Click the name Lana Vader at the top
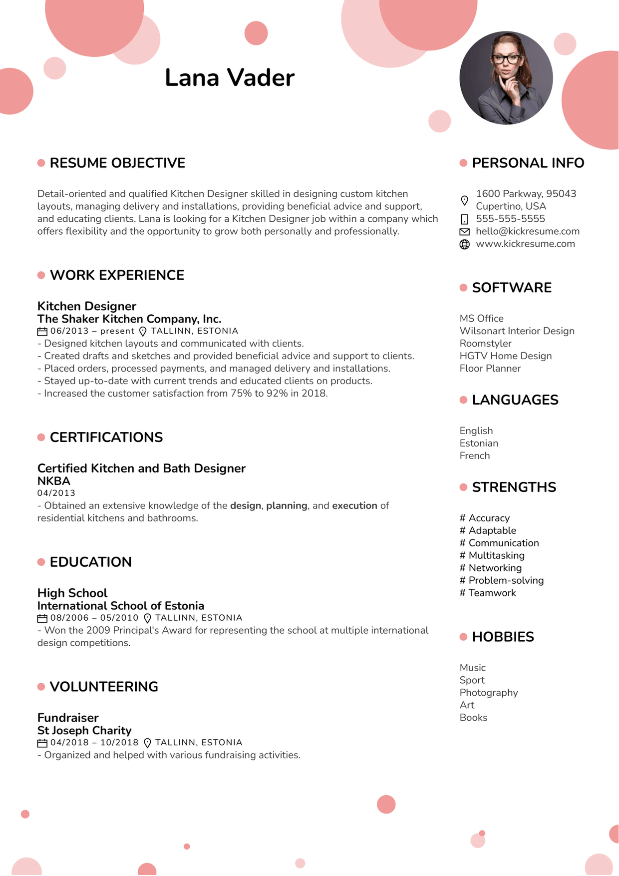coord(230,78)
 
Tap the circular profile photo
coord(506,78)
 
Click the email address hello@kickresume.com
coord(527,231)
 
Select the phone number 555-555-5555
coord(510,219)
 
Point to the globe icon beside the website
coord(464,244)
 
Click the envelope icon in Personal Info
coord(464,232)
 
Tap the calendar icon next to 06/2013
coord(42,331)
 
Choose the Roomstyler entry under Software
coord(485,344)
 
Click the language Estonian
coord(479,443)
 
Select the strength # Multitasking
coord(492,555)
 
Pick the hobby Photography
coord(488,693)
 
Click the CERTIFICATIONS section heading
coord(106,438)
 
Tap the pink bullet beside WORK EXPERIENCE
coord(41,275)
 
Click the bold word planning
coord(287,505)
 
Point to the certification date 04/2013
coord(56,493)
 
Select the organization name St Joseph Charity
coord(84,730)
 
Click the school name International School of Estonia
coord(121,606)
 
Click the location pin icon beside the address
coord(464,200)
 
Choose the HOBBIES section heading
coord(503,637)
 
